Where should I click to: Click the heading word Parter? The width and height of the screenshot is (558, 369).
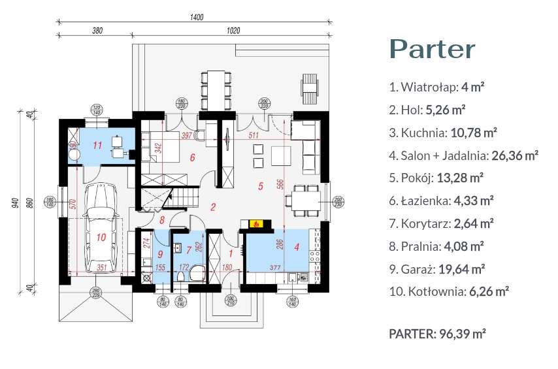point(432,50)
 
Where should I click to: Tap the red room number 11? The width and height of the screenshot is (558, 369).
point(97,145)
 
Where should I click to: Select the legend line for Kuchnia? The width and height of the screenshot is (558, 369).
point(443,133)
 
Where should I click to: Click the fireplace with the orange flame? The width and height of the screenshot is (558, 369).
point(257,224)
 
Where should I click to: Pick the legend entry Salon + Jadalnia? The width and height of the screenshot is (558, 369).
point(463,155)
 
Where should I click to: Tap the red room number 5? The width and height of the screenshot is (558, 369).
point(260,187)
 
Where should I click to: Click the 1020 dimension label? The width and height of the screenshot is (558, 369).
point(234,30)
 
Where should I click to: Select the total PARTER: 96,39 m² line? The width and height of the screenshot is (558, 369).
point(437,334)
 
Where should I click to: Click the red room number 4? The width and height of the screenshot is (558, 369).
point(297,248)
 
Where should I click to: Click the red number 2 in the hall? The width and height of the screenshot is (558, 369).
point(213,208)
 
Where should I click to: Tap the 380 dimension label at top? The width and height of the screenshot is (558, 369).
point(97,30)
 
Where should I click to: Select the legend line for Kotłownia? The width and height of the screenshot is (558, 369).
point(449,291)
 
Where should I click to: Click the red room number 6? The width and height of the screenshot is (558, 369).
point(192,157)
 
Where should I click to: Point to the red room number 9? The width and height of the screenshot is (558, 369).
point(161,254)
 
